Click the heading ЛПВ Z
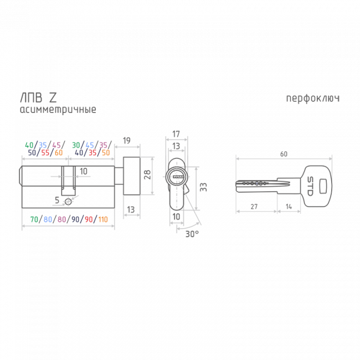(38, 97)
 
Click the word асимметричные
(58, 110)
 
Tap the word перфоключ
(312, 99)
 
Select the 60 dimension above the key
(284, 154)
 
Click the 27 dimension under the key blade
(254, 207)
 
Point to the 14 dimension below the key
(289, 207)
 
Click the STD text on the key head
(310, 186)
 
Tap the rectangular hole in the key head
(323, 186)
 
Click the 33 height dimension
(203, 187)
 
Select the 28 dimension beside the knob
(147, 174)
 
